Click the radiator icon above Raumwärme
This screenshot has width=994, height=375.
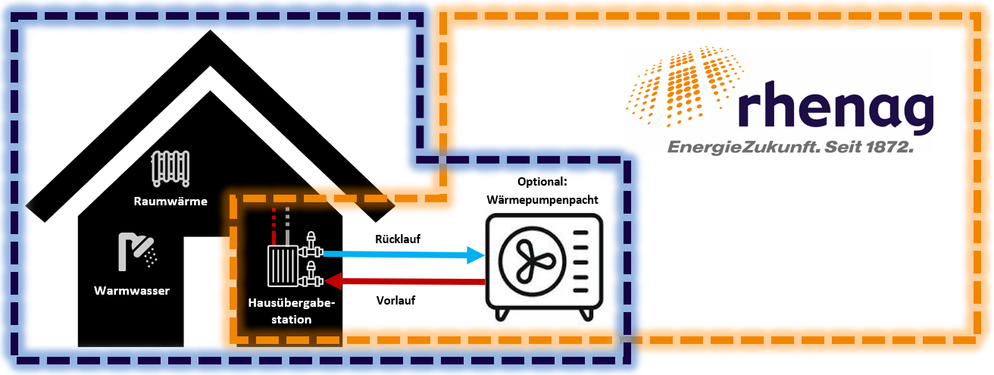(170, 168)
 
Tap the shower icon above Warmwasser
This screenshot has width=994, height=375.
(137, 252)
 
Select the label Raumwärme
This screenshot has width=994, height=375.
(170, 201)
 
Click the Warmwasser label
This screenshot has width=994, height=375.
(132, 291)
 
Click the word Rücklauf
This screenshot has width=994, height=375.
(398, 239)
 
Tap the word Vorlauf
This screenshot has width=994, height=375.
(395, 300)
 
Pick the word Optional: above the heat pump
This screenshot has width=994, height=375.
(542, 183)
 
